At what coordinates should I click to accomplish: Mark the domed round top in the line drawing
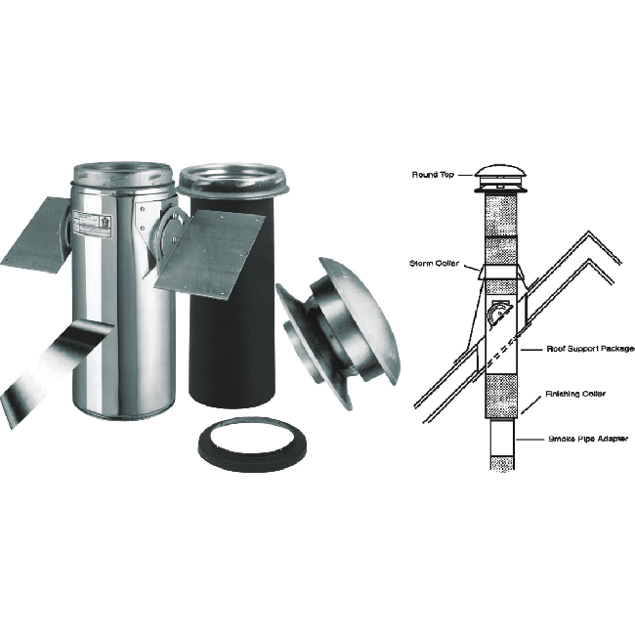click(501, 174)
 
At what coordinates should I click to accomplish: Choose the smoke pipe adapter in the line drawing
click(501, 444)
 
